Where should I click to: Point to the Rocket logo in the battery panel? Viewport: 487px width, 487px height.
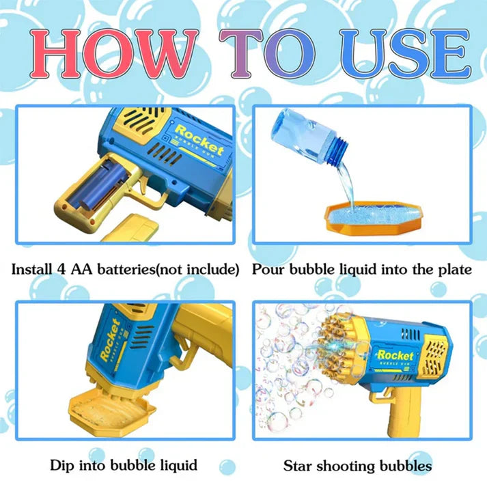[x=199, y=136]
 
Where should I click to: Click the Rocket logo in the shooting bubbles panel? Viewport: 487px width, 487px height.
[x=395, y=357]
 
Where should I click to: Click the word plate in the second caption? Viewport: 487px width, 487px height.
[x=454, y=270]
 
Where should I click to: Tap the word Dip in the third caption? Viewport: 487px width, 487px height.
[x=62, y=466]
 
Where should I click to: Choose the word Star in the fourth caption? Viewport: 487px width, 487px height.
[x=299, y=467]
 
